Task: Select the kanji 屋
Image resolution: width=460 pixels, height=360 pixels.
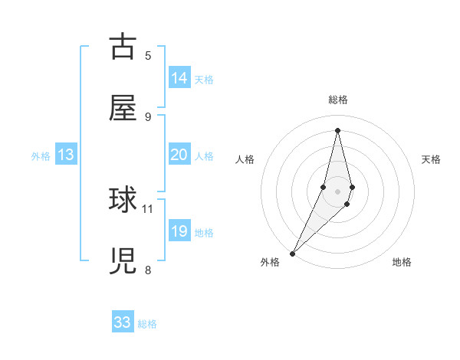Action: point(123,108)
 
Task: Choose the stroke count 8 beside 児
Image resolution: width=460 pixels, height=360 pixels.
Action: point(148,270)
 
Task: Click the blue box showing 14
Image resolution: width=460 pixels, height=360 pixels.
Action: point(179,78)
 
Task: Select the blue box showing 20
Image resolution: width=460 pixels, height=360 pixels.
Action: point(179,155)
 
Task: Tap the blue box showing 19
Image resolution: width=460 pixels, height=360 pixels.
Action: point(179,231)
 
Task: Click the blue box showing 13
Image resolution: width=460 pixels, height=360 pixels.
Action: point(66,155)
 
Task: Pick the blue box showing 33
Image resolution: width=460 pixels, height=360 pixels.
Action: point(123,323)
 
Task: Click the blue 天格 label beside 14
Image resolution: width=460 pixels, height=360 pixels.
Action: point(204,80)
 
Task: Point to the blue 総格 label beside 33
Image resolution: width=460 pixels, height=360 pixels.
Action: point(147,325)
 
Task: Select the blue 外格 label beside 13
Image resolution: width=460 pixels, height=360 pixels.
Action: point(41,156)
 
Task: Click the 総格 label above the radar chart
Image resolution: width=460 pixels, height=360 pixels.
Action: point(337,100)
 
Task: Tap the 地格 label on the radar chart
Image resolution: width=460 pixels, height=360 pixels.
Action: point(402,263)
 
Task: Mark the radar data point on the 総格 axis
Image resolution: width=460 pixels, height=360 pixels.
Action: point(337,129)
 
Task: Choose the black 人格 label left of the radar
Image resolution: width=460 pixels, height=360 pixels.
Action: point(245,159)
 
